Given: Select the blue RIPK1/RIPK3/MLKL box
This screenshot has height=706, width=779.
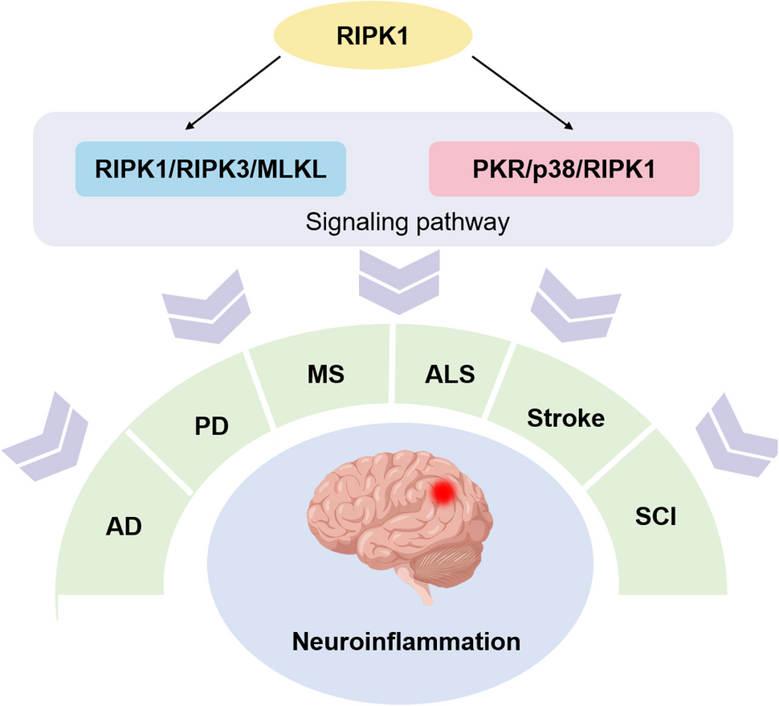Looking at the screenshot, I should [210, 169].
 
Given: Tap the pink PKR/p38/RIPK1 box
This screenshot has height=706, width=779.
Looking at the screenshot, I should [564, 169].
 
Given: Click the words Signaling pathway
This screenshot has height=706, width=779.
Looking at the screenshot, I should [407, 221].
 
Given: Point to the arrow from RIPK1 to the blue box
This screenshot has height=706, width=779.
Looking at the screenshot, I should [233, 90].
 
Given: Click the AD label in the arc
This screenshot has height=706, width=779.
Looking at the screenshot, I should [124, 527].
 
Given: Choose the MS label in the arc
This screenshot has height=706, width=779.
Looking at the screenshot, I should [325, 375].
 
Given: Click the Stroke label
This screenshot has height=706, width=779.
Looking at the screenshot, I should [565, 418].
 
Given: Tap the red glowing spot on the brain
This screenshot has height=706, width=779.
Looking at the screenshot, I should [443, 491].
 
